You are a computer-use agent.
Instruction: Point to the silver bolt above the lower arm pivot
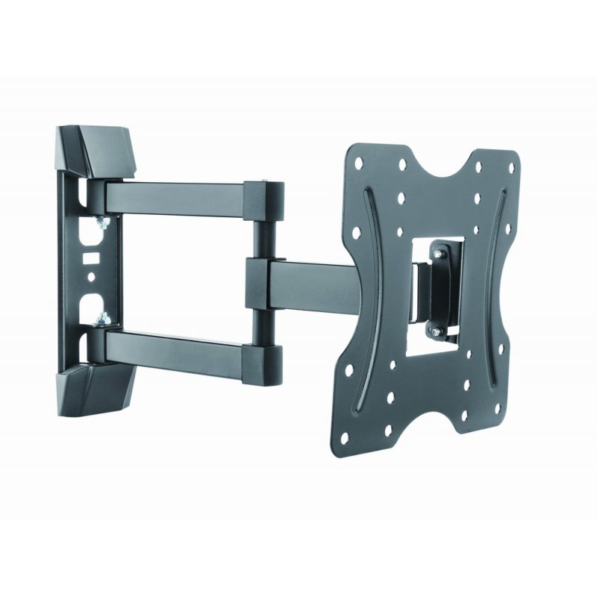click(x=103, y=319)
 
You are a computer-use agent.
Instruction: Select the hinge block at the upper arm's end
click(x=266, y=197)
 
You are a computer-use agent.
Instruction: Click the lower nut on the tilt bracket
click(x=434, y=329)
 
